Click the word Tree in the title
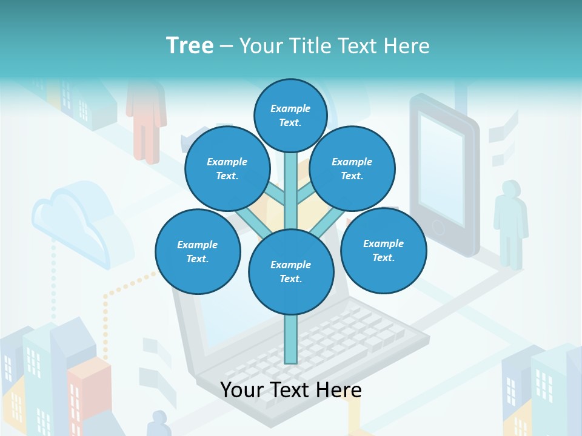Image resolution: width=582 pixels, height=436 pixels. [x=190, y=45]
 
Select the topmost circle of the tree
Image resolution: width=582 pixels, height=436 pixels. [x=290, y=115]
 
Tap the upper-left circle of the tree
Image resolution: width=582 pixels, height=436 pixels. [x=227, y=168]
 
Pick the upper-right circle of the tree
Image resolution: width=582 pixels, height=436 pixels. [x=352, y=168]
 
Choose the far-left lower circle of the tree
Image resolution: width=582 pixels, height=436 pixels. [x=198, y=251]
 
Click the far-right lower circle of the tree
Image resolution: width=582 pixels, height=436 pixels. [x=383, y=250]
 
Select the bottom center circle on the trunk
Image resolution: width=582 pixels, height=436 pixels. [x=291, y=271]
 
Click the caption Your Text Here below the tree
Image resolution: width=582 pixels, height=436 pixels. [x=291, y=390]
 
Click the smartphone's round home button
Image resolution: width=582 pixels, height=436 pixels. [x=438, y=228]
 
